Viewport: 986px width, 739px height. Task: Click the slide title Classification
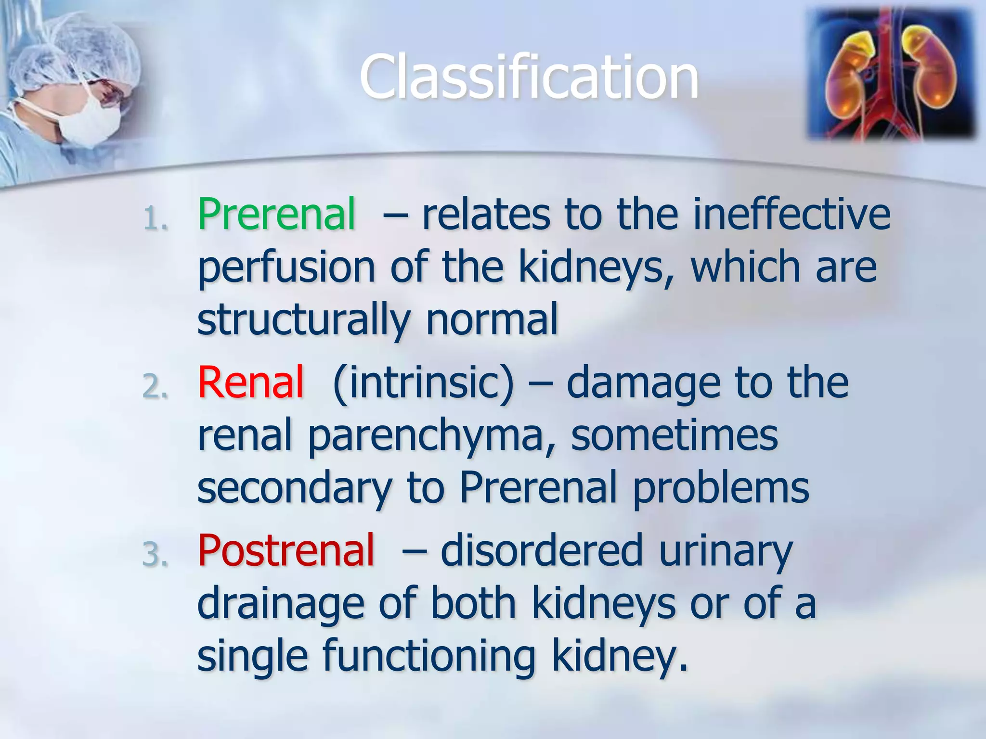pos(529,77)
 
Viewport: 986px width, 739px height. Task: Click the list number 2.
pos(155,387)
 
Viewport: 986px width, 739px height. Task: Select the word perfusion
pos(286,268)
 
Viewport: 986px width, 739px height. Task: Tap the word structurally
pos(303,320)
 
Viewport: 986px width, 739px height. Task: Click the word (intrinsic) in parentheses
pos(423,383)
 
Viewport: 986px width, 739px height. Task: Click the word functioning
pos(428,657)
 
